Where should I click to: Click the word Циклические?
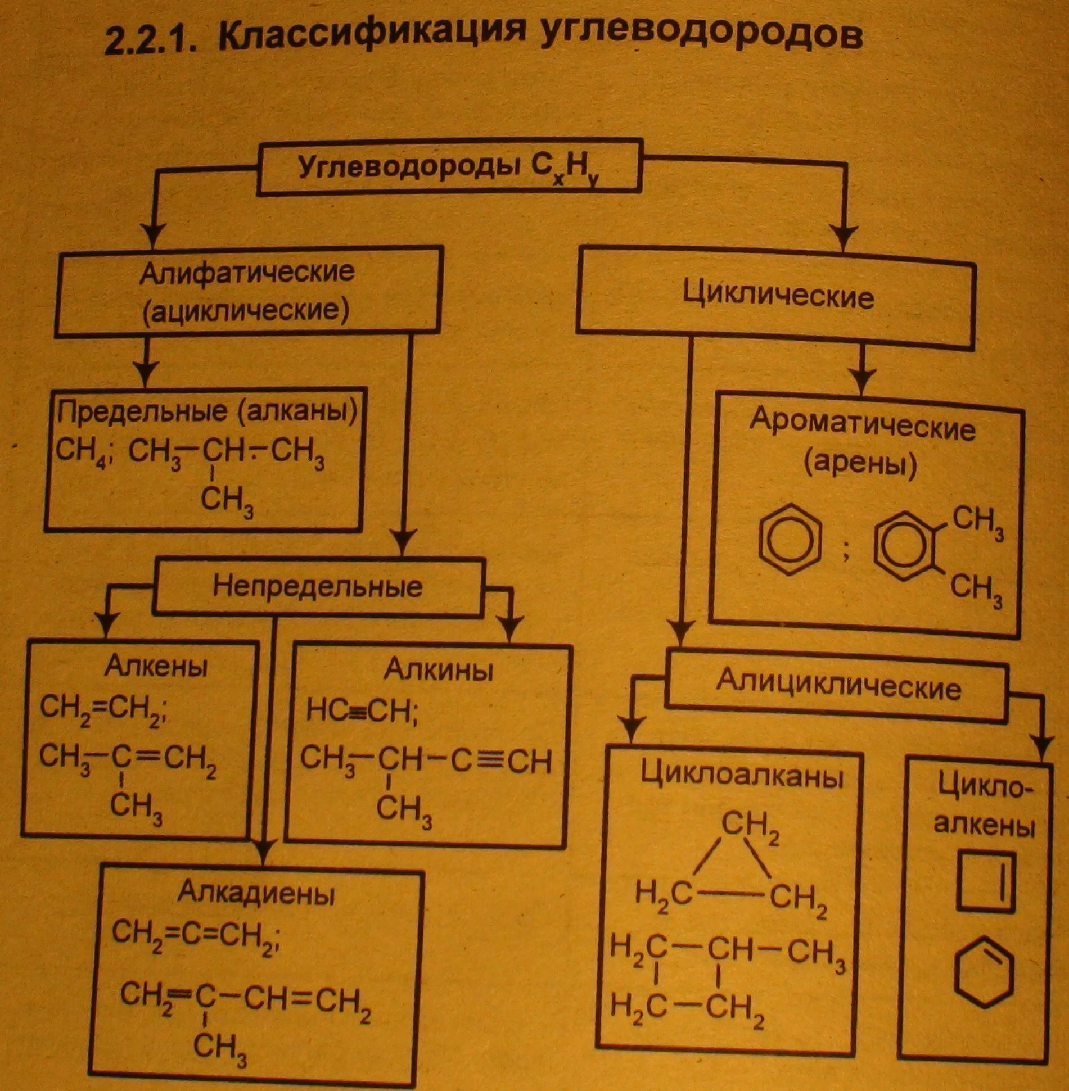click(x=778, y=296)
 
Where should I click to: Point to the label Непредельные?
click(x=318, y=586)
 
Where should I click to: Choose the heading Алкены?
click(x=156, y=667)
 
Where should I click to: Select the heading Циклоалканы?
click(x=742, y=778)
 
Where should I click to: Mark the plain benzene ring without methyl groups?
click(x=790, y=542)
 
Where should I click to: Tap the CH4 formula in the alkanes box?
click(x=83, y=451)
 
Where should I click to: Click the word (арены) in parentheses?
click(x=860, y=465)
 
